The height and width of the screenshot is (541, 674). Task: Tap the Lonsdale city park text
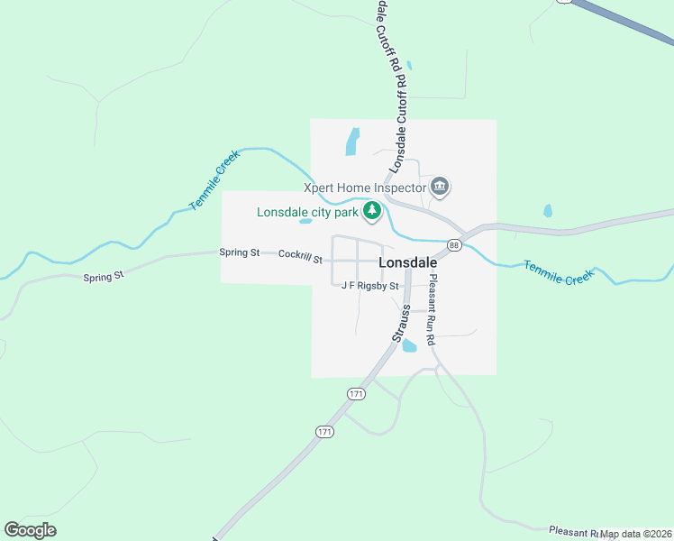coord(307,214)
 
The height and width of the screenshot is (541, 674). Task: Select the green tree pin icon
coord(371,212)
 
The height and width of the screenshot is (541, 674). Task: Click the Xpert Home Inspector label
coord(364,188)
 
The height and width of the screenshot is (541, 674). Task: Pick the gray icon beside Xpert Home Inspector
coord(440,187)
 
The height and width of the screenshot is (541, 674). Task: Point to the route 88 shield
coord(454,245)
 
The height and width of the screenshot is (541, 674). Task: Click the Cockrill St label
coord(300,256)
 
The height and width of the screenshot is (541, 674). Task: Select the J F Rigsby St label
coord(370,286)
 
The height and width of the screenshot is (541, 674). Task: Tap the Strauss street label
coord(402,323)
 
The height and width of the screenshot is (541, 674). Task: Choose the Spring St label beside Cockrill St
coord(240,252)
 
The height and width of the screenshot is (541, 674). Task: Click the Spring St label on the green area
coord(103,276)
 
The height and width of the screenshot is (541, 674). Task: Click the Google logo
coord(30,530)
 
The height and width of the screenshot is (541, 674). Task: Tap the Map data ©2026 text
coord(637,534)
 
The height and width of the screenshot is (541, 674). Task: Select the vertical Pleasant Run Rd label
coord(432,310)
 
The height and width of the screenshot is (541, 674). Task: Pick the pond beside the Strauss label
coord(410,345)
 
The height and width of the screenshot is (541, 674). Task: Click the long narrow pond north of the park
coord(352,142)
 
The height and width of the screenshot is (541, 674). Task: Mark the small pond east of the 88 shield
coord(548,212)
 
